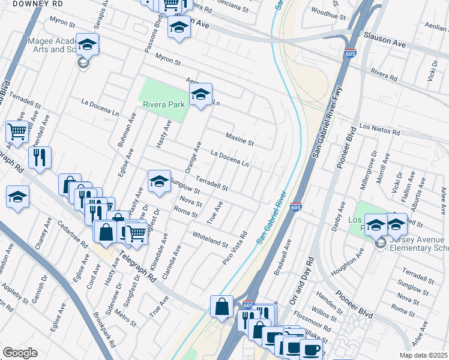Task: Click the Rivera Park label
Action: point(164,104)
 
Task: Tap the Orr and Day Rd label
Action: point(302,281)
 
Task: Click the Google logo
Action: point(20,352)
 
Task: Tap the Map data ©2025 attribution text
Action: point(423,355)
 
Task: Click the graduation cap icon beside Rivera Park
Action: point(200,94)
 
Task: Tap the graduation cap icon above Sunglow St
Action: point(159,181)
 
